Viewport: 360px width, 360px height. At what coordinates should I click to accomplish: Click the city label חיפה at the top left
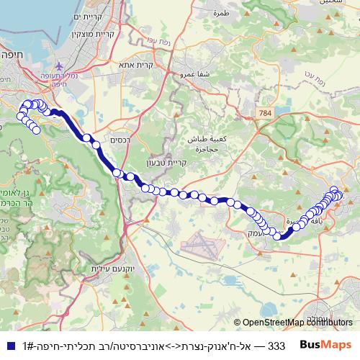click(12, 53)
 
